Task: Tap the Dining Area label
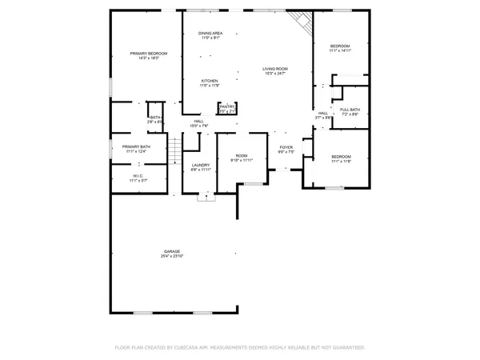(210, 33)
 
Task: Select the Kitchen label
(210, 81)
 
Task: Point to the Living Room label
(275, 69)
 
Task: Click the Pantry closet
(228, 108)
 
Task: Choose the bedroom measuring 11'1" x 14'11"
(340, 49)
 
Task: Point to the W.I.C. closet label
(138, 176)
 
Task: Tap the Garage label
(171, 250)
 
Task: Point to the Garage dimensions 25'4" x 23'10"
(171, 256)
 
